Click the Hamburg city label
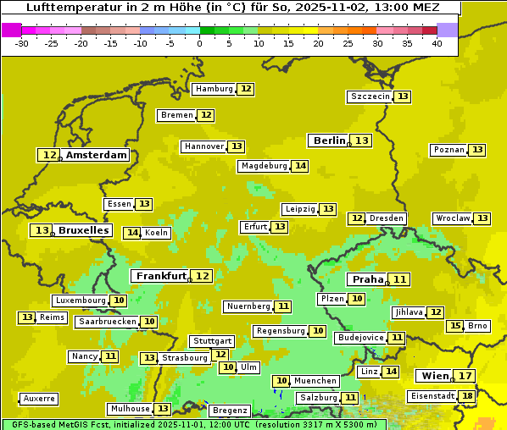coord(214,89)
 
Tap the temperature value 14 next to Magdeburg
coord(300,166)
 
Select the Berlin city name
coord(329,141)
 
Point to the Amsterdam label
coord(97,155)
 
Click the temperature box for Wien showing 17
coord(465,376)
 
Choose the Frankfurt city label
coord(161,276)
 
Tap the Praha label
coord(368,279)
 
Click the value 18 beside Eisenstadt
coord(467,395)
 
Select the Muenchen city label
coord(315,381)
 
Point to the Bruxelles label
coord(83,230)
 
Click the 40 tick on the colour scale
coord(437,43)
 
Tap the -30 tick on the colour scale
coord(22,43)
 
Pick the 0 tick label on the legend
coord(200,43)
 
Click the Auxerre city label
coord(39,398)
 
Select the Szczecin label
coord(370,96)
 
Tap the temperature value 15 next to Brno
coord(455,326)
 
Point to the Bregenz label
coord(229,410)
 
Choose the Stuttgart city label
coord(211,341)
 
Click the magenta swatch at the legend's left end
coord(12,30)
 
